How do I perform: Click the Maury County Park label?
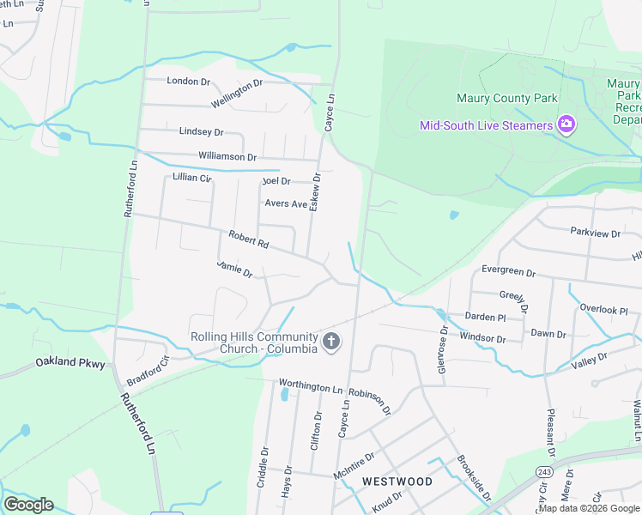[x=506, y=98]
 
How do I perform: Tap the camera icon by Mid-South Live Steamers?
[x=566, y=125]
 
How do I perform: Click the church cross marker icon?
[x=331, y=342]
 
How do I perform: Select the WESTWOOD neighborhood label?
[x=397, y=482]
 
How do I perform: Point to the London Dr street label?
[x=188, y=81]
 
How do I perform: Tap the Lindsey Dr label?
[x=201, y=132]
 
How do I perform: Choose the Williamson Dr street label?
[x=227, y=157]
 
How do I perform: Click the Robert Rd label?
[x=249, y=239]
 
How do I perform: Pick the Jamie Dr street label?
[x=234, y=269]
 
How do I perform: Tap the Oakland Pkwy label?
[x=70, y=364]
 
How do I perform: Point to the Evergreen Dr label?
[x=508, y=271]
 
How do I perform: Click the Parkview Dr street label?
[x=595, y=233]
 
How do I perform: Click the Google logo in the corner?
[x=28, y=505]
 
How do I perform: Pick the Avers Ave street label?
[x=286, y=203]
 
